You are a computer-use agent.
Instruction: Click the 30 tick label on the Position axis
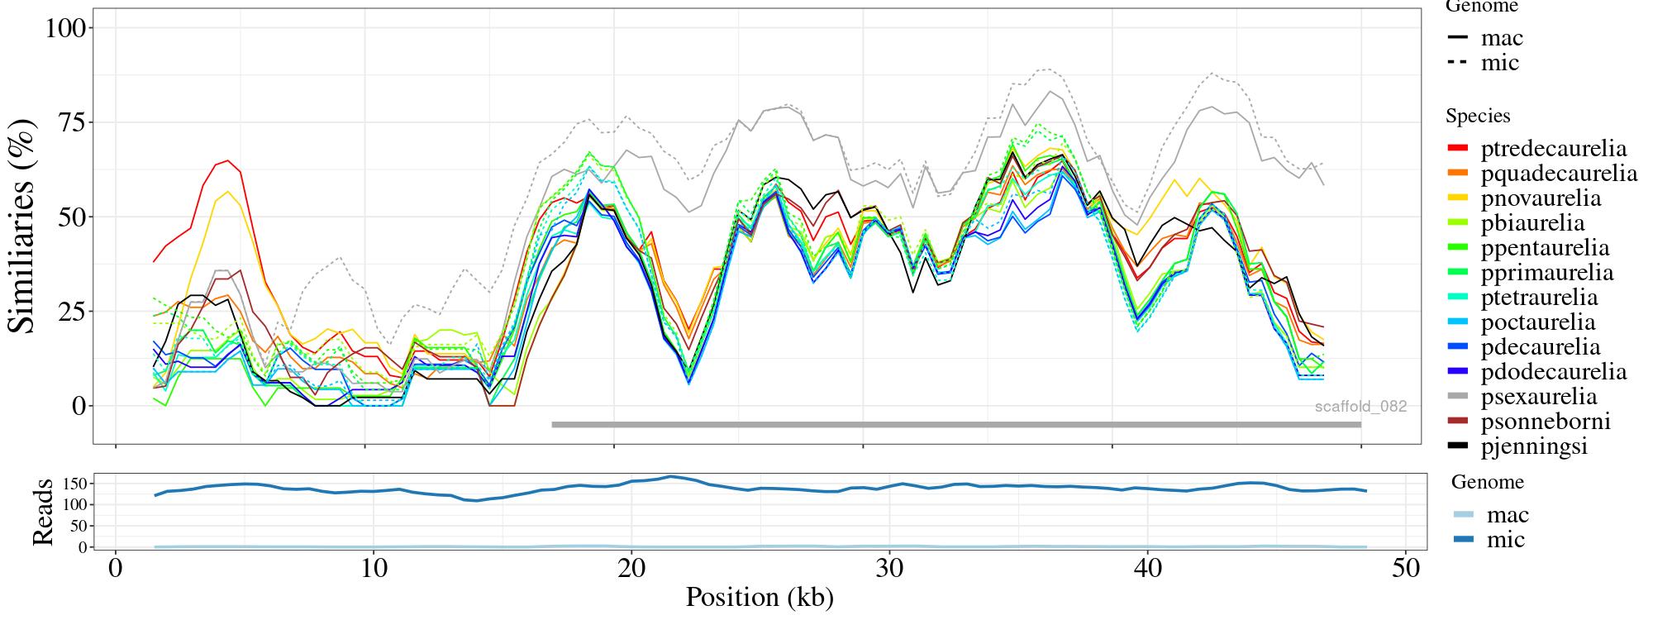888,569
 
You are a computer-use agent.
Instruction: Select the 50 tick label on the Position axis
1406,569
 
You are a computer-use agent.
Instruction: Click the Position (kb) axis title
760,597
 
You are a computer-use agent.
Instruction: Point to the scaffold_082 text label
1360,407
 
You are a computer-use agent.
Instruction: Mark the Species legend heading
1478,117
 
